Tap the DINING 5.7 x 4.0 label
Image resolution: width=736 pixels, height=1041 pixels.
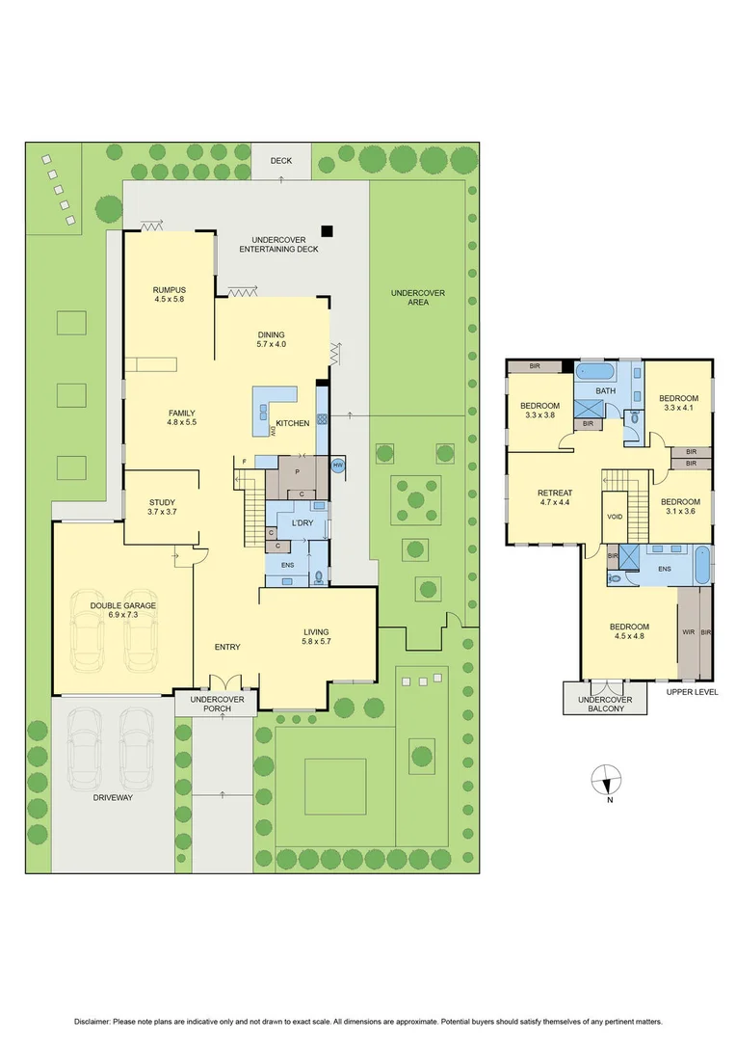point(272,338)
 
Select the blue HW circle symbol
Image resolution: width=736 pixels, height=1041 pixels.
point(337,466)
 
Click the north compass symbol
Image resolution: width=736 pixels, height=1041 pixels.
point(606,778)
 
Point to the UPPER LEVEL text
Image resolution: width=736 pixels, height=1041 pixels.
point(692,691)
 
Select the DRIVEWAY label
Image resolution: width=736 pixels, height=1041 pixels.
point(114,798)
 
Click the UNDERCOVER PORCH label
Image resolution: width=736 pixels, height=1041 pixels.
point(216,704)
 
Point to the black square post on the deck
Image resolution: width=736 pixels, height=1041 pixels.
point(328,230)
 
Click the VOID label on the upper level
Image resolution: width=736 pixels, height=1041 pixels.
point(615,517)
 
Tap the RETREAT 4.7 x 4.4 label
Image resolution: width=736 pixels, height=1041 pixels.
point(554,497)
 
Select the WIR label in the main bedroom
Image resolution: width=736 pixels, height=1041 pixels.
point(688,632)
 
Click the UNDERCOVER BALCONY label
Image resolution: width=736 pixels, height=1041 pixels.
point(605,704)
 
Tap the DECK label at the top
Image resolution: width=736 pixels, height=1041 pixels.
point(280,161)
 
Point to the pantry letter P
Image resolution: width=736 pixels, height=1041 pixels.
point(298,472)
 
